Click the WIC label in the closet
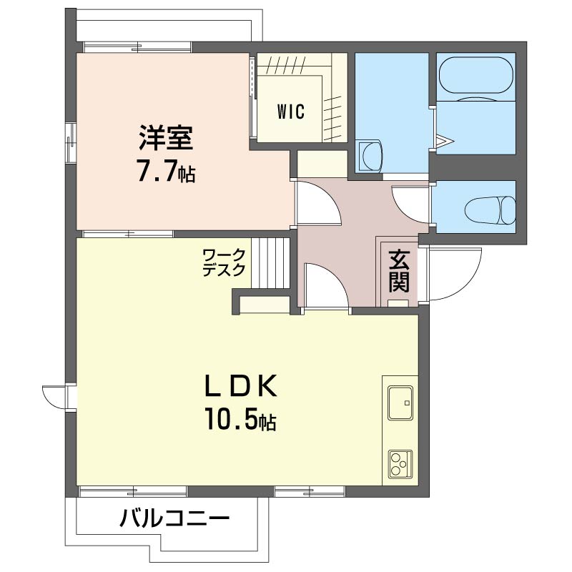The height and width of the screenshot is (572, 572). [x=291, y=112]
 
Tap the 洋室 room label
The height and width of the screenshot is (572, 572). [x=165, y=137]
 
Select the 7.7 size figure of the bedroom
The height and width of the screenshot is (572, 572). [x=165, y=172]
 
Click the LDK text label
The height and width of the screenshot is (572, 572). [x=241, y=387]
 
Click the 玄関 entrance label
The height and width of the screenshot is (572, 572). [x=398, y=271]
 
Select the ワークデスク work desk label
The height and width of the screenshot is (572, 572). [x=224, y=262]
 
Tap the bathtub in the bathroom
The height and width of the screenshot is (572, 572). [x=475, y=77]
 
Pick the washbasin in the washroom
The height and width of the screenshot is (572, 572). [x=371, y=154]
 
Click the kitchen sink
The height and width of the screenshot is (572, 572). [x=400, y=403]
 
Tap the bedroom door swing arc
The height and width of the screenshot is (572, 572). [x=317, y=204]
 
